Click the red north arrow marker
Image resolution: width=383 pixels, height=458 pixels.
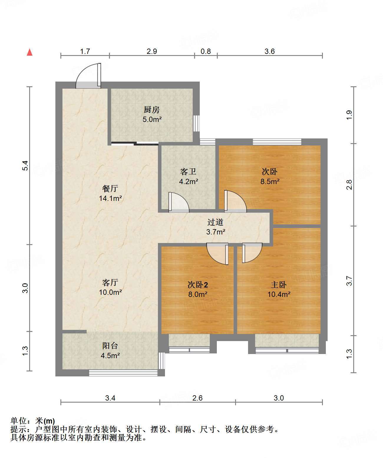[x=30, y=52]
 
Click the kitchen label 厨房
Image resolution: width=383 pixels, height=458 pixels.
[x=152, y=110]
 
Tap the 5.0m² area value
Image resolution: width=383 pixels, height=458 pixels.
[x=152, y=119]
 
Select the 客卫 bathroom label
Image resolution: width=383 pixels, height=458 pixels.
[x=188, y=171]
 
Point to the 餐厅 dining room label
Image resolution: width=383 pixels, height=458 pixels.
[x=110, y=189]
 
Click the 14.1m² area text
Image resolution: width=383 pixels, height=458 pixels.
[x=110, y=198]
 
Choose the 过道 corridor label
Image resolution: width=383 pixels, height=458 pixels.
[x=215, y=222]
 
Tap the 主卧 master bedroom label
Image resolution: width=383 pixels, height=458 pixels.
[x=279, y=285]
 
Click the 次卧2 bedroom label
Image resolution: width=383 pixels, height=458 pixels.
[x=197, y=285]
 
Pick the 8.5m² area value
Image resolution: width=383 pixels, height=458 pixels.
[x=270, y=181]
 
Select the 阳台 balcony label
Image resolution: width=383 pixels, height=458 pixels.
[x=110, y=346]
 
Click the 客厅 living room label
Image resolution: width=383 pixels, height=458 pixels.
[x=110, y=282]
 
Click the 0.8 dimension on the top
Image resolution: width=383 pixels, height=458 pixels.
[x=206, y=51]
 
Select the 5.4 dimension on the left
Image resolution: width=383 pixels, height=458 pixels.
[x=25, y=166]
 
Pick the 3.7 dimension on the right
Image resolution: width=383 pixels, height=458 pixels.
[x=349, y=281]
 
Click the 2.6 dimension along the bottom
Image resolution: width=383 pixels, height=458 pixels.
[x=197, y=398]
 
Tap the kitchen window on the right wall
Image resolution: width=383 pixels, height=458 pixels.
[x=197, y=123]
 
